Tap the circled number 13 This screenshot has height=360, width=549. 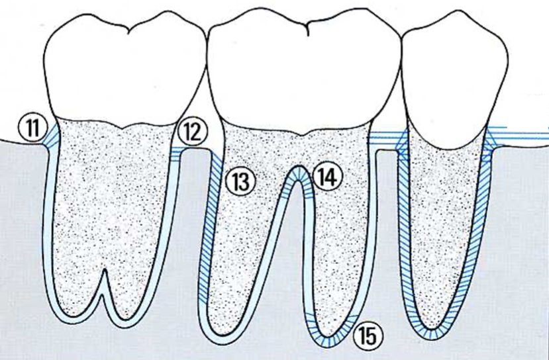[240, 179]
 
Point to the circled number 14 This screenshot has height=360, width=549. [327, 177]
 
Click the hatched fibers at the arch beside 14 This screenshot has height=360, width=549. [301, 173]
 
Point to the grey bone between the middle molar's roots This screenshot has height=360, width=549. [299, 265]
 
